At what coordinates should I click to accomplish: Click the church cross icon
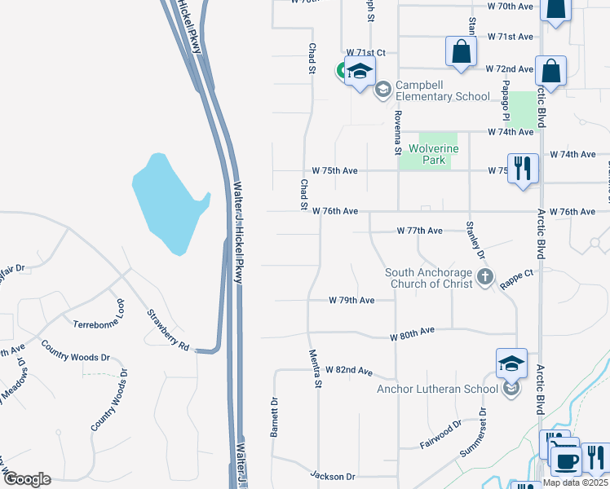point(485,277)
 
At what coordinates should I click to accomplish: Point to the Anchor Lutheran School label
point(437,389)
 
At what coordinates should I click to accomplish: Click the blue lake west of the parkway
point(168,200)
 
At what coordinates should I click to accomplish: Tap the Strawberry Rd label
point(168,330)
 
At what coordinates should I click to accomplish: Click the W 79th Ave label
point(351,301)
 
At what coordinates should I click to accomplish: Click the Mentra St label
point(316,368)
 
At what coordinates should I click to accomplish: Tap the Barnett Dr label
point(275,416)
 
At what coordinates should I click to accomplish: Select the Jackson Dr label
point(333,475)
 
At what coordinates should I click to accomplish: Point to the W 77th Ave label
point(419,231)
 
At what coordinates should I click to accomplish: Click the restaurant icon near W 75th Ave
point(522,169)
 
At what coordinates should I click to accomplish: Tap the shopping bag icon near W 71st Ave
point(461,51)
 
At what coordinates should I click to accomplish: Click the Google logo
point(27,479)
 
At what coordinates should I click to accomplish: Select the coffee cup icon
point(564,460)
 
